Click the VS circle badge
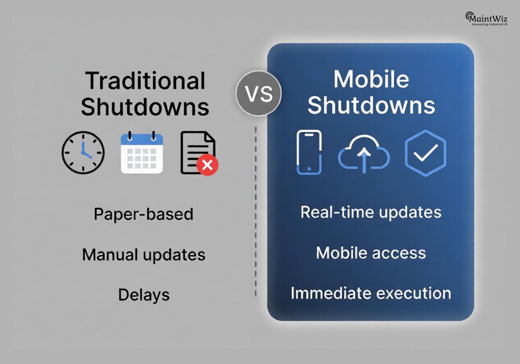[258, 94]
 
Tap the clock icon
[83, 153]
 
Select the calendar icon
[142, 153]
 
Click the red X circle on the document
[207, 165]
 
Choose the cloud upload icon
[364, 154]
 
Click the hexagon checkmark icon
[425, 153]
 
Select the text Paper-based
[143, 214]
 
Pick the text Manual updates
[143, 255]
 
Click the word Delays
[144, 295]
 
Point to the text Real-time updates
[371, 212]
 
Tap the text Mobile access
[371, 253]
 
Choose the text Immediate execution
[371, 293]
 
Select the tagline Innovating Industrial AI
[489, 24]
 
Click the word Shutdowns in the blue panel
[371, 105]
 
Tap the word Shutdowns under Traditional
[145, 107]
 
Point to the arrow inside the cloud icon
[364, 158]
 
